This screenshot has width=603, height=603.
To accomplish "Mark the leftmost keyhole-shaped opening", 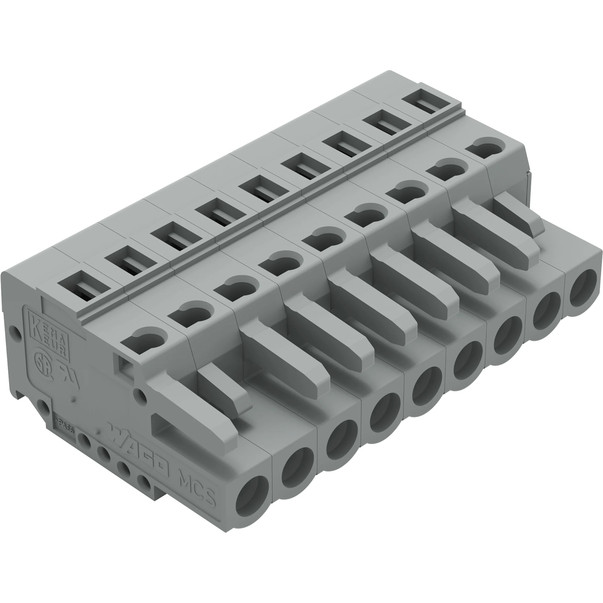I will [144, 340].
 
